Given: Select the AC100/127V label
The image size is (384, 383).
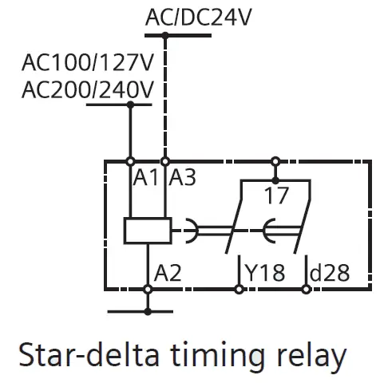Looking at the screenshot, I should point(88,62).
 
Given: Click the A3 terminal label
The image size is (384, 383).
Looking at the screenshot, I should point(182,177).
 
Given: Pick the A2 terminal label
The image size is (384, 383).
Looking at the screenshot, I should point(168,273).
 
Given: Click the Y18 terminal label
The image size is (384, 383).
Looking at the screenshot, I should point(264,273).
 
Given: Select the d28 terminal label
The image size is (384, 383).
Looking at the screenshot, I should point(329,273).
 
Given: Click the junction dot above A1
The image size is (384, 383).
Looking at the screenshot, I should point(129,161).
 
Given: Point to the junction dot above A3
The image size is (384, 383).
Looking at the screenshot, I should point(165,161).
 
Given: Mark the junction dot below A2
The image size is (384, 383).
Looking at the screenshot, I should point(148,289).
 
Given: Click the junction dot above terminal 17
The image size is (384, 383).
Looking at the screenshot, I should point(275,161).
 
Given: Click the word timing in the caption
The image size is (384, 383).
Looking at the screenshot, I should point(232,354).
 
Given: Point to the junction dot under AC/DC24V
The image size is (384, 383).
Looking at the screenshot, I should point(165,35).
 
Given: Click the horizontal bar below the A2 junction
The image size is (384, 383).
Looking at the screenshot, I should point(148,307).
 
